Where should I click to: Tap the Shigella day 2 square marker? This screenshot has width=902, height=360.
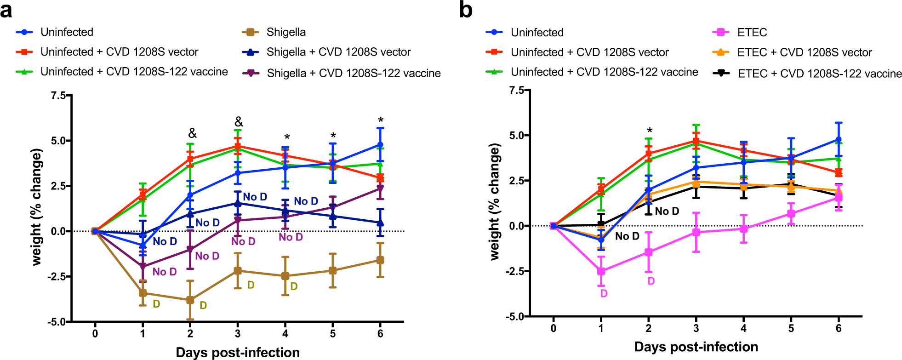click(190, 300)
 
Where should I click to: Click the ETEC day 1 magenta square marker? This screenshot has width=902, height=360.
click(601, 271)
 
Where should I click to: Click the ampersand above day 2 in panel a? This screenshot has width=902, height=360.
click(192, 133)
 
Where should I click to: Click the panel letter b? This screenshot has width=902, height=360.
click(466, 10)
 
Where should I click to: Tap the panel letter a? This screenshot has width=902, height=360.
click(6, 10)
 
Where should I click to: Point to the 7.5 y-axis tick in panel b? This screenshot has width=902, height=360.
click(516, 90)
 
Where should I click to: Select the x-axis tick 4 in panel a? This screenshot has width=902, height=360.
click(285, 334)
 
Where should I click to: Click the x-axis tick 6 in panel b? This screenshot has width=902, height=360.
click(839, 328)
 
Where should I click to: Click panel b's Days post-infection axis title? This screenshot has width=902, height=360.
click(696, 347)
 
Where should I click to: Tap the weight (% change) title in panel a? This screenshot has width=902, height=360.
click(37, 207)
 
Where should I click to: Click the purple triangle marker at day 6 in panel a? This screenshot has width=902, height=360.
click(380, 188)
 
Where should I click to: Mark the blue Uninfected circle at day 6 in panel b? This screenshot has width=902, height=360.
click(839, 139)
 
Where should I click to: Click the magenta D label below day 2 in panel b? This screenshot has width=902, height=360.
click(651, 281)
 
